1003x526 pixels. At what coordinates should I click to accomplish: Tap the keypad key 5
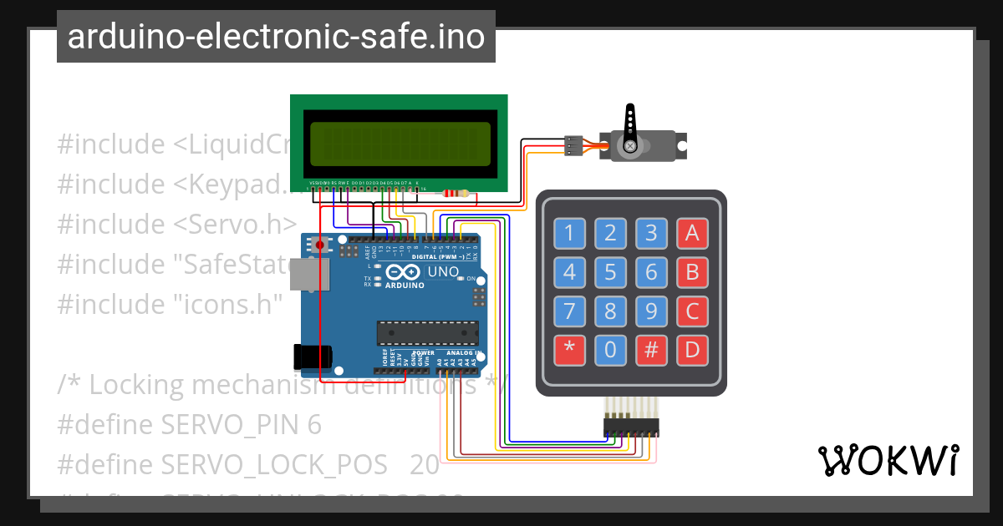point(610,272)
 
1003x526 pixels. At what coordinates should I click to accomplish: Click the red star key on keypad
point(569,349)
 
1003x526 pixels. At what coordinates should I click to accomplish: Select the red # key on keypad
point(651,349)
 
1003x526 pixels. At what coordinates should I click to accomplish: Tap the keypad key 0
point(610,349)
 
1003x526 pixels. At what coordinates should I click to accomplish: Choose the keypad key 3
point(651,233)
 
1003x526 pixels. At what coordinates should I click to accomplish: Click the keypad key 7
point(569,311)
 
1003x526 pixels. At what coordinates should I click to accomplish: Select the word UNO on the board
point(443,272)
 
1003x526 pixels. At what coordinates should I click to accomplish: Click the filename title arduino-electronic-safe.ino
point(276,37)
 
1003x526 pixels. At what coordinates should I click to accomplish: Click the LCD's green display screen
point(400,143)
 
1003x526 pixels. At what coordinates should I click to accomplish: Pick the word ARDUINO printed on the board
point(405,285)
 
